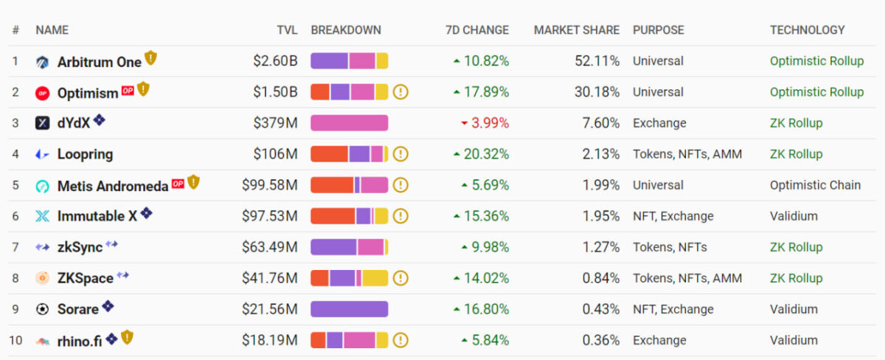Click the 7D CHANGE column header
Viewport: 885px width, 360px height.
tap(476, 30)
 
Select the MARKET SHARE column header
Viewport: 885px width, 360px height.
tap(577, 30)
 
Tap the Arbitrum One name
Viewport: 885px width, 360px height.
tap(99, 62)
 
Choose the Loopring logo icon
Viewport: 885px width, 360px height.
tap(42, 154)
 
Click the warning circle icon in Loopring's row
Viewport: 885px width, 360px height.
tap(400, 154)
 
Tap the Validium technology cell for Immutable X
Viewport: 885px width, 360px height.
tap(794, 216)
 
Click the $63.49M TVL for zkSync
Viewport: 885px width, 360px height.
tap(270, 247)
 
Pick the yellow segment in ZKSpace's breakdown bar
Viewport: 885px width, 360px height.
tap(375, 278)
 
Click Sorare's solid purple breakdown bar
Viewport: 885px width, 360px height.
tap(349, 309)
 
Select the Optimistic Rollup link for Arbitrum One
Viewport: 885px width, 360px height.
tap(816, 61)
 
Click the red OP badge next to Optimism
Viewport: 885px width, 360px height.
tap(128, 90)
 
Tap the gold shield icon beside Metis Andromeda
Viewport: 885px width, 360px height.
tap(193, 181)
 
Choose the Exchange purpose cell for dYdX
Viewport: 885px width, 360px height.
tap(659, 123)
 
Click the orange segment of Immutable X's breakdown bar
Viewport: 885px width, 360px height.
tap(333, 216)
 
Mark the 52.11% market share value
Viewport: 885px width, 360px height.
tap(597, 61)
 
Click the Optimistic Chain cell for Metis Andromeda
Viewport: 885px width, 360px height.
tap(815, 185)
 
